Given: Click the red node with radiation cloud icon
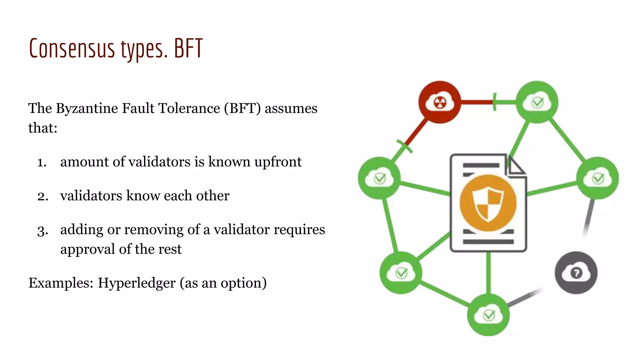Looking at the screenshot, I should [440, 102].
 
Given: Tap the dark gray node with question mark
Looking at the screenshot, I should [576, 273].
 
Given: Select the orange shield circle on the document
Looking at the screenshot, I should [488, 203].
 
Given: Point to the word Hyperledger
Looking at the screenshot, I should [137, 283].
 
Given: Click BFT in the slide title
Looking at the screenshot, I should [188, 48].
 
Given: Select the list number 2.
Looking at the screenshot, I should [42, 196].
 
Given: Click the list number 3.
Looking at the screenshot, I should [42, 231].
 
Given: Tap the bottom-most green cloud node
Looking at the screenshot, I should [488, 315].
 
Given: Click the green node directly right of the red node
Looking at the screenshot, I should [537, 102].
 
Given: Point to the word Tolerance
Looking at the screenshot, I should [189, 108].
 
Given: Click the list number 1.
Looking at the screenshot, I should [42, 162].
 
